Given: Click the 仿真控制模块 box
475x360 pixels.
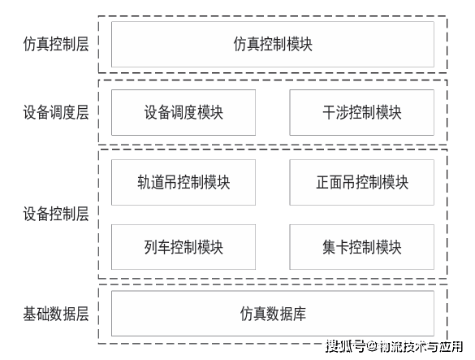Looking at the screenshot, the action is [273, 44].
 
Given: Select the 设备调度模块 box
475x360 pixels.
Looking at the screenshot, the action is [184, 112].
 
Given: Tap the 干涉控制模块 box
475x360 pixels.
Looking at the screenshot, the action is [361, 112].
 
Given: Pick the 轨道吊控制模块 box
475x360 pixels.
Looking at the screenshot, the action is [184, 182].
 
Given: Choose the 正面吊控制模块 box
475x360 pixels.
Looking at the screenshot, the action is [361, 182].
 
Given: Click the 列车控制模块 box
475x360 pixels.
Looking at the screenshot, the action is [184, 247].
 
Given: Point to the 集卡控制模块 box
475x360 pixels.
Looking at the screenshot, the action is [361, 247].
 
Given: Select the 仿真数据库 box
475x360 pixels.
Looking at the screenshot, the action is [273, 314].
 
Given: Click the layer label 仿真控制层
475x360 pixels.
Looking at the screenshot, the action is [56, 44].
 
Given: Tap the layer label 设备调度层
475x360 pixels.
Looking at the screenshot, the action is [56, 112].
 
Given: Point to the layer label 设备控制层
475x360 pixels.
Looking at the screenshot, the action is [56, 214].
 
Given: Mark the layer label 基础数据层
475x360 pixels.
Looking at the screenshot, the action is [56, 314].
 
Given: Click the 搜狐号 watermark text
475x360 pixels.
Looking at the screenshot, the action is [345, 346].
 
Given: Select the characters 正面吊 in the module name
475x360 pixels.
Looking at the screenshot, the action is [335, 182].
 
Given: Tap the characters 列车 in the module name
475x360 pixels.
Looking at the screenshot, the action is [157, 247].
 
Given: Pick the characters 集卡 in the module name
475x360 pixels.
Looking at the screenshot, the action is [335, 247].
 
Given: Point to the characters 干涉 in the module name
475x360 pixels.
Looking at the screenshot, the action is [335, 112].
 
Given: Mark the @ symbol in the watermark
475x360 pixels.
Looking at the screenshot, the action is [372, 347].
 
